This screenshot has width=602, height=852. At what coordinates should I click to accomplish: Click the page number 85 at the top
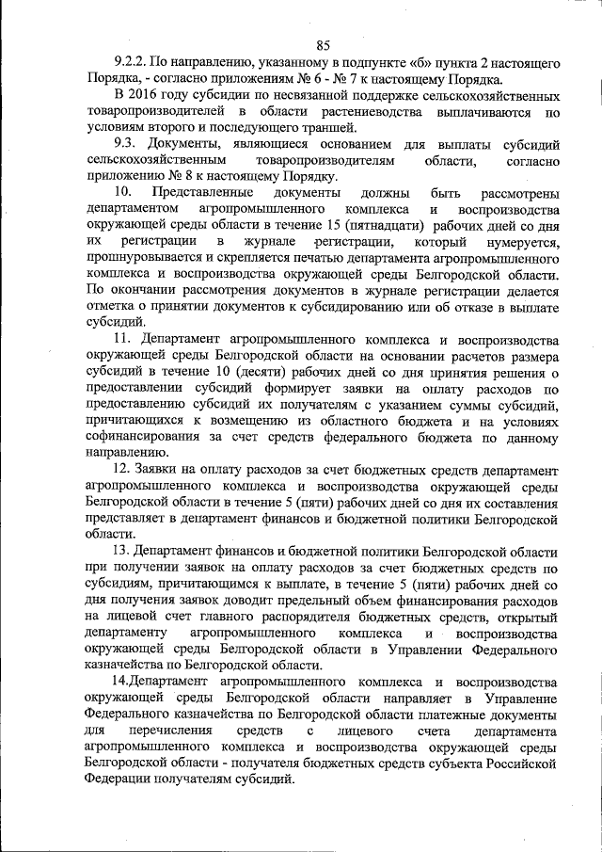point(324,44)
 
